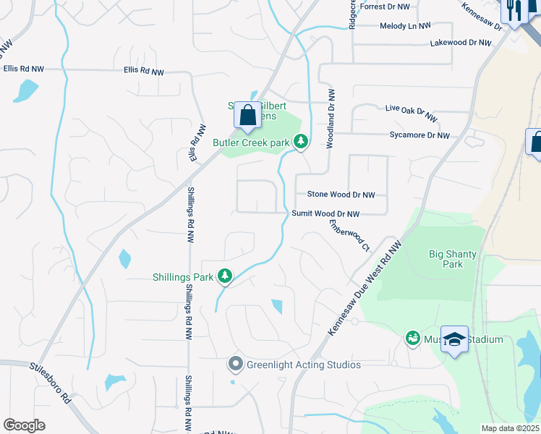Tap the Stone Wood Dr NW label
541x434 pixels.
(341, 195)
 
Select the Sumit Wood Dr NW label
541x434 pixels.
(325, 214)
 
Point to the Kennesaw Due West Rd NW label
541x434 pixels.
(365, 287)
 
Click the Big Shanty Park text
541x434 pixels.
(446, 259)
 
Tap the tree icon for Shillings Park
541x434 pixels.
(225, 276)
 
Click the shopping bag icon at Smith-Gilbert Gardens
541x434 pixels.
(247, 116)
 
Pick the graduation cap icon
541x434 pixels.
(453, 339)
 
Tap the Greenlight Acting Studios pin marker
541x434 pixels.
(234, 365)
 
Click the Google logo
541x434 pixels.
(24, 425)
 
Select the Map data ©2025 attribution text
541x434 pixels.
(509, 428)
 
